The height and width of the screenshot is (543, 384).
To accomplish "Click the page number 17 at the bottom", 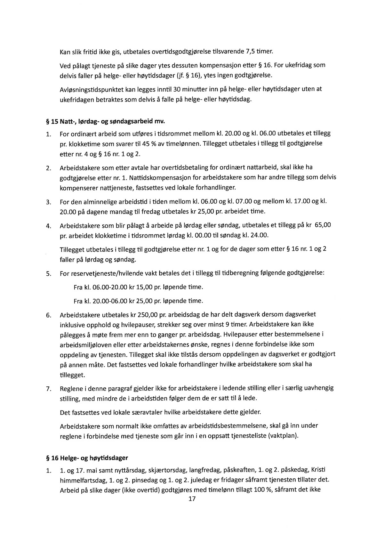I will pyautogui.click(x=192, y=499).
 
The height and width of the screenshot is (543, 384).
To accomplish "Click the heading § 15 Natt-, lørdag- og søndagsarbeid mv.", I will pyautogui.click(x=106, y=122).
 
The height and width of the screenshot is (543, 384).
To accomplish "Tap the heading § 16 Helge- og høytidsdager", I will pyautogui.click(x=87, y=458).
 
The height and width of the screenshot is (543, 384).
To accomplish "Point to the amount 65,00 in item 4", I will pyautogui.click(x=323, y=225).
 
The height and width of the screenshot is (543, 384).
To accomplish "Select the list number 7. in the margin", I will pyautogui.click(x=49, y=389).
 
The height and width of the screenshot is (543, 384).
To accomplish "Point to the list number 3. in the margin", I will pyautogui.click(x=49, y=202).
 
